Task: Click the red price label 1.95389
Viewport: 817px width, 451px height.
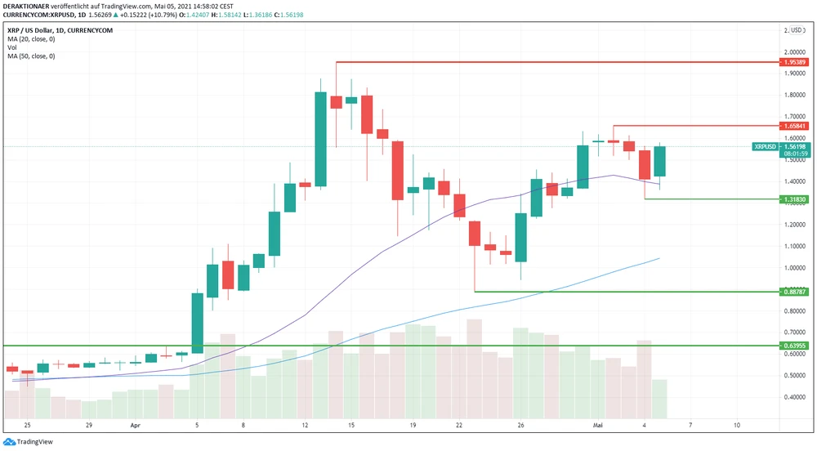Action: [x=793, y=62]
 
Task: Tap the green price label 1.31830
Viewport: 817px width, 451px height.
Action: [x=793, y=199]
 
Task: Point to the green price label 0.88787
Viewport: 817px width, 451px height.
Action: [x=793, y=292]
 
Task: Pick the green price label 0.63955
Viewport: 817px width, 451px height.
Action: [x=793, y=346]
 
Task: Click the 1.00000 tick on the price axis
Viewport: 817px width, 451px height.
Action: [x=793, y=267]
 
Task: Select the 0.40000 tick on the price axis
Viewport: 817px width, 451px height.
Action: [x=793, y=397]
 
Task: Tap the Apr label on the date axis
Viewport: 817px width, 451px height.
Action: [x=136, y=426]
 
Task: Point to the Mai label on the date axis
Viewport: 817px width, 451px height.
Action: [x=598, y=426]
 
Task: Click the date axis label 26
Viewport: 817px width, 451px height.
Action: [x=520, y=426]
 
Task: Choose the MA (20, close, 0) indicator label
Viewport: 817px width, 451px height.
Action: [x=32, y=38]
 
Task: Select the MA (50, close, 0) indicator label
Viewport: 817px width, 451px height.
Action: [x=32, y=56]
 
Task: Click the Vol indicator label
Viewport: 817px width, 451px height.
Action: [x=11, y=47]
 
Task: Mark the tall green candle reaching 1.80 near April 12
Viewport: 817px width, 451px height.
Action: [x=321, y=139]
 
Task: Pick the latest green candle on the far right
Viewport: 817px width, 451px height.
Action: [x=660, y=161]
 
